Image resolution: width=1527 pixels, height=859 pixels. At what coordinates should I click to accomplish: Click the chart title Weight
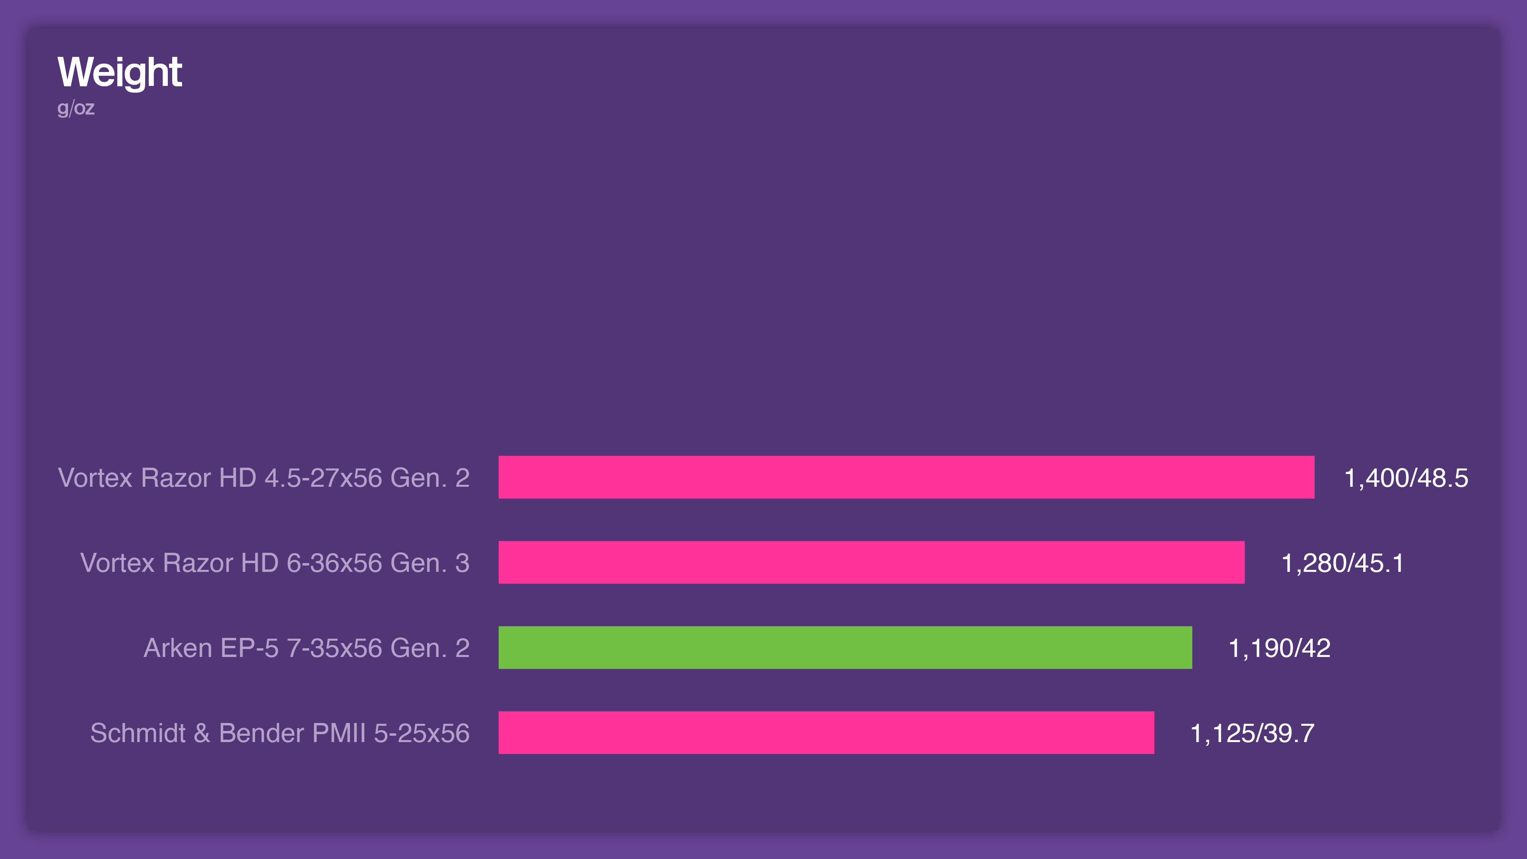(x=119, y=72)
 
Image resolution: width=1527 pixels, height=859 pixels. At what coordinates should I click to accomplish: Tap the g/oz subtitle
(x=76, y=108)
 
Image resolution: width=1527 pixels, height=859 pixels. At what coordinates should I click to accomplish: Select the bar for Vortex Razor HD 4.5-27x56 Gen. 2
(x=906, y=477)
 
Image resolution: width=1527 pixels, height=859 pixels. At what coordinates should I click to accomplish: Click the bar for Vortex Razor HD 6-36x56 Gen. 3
(x=871, y=562)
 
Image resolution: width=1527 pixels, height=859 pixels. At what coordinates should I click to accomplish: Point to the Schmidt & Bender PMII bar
(x=826, y=733)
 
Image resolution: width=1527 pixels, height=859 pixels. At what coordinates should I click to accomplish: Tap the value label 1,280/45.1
(x=1342, y=563)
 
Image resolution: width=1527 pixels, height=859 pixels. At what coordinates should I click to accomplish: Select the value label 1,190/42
(x=1279, y=648)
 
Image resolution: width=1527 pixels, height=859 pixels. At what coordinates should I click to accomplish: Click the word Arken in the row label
(x=178, y=648)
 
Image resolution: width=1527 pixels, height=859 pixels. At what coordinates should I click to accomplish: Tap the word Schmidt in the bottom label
(x=138, y=733)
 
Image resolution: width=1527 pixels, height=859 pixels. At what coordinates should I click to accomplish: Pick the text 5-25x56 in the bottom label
(x=422, y=733)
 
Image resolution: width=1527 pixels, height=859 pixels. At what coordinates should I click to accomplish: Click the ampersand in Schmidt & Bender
(x=202, y=733)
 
